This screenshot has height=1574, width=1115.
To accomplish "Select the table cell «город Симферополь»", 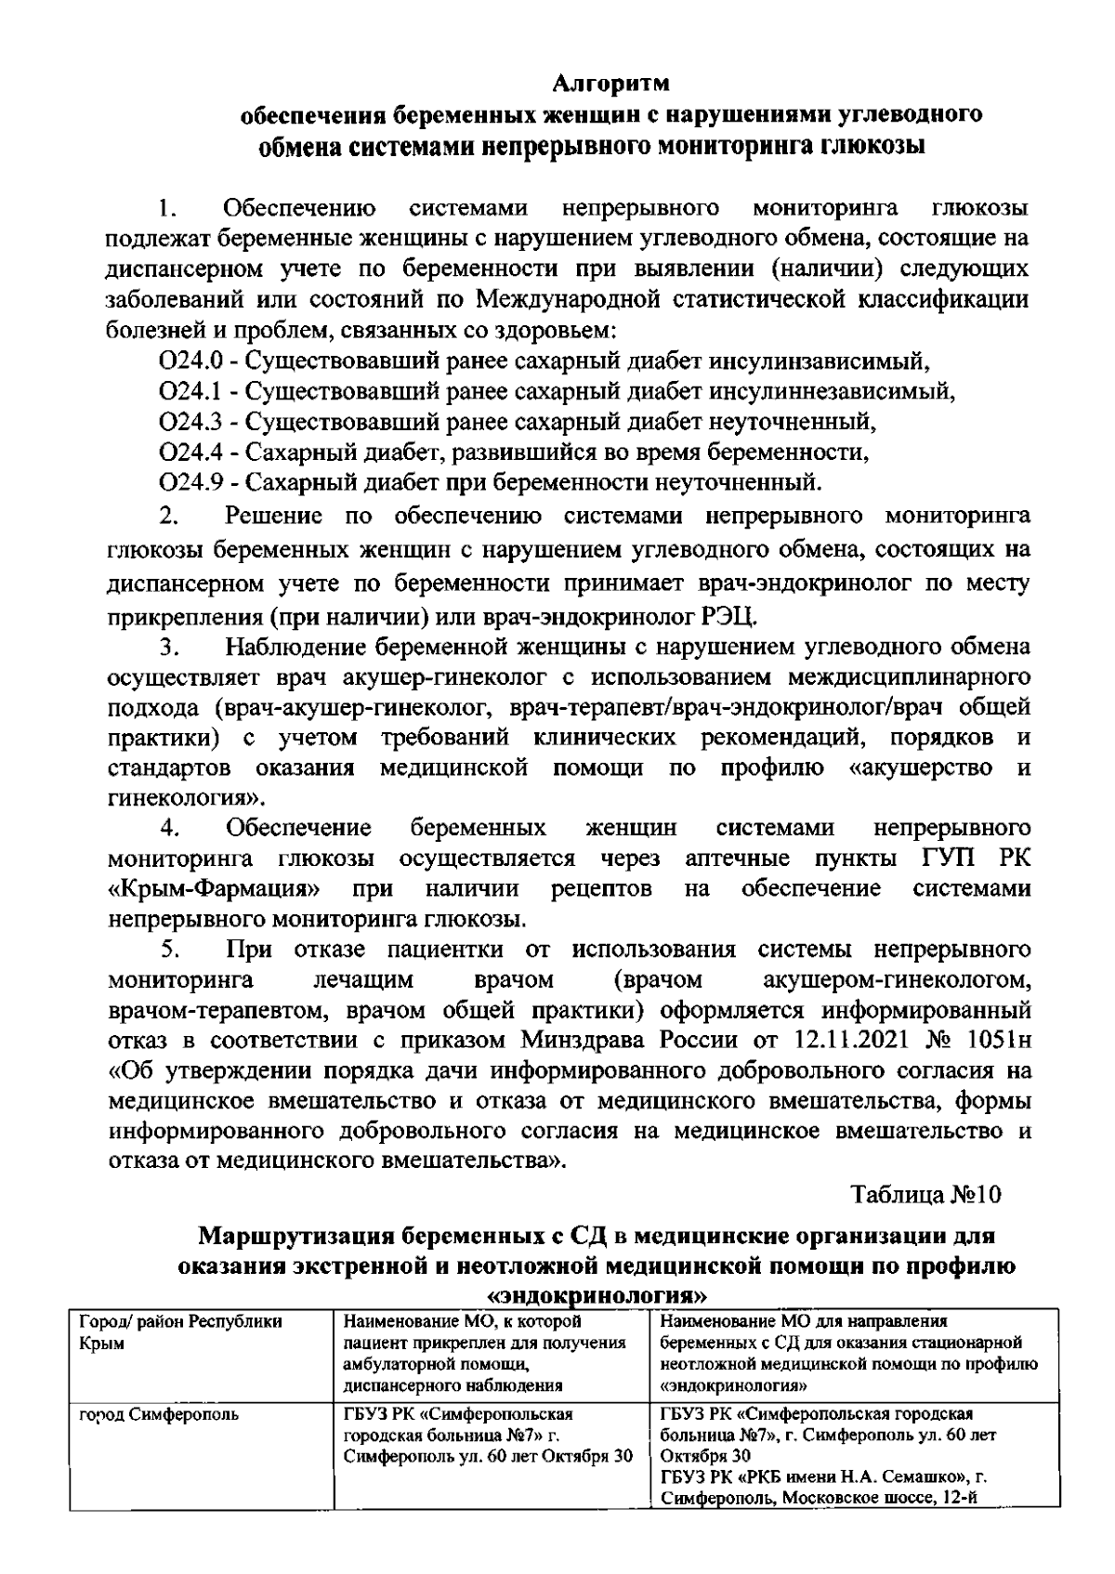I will pos(159,1415).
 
